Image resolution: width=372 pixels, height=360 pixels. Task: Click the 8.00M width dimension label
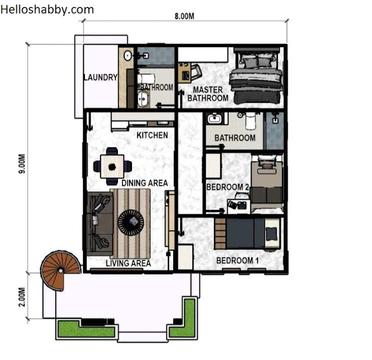(x=184, y=16)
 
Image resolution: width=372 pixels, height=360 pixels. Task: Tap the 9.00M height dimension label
(x=22, y=164)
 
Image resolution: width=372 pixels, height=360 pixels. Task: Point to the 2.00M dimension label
(x=22, y=297)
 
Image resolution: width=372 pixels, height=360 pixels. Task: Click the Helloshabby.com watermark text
(x=47, y=10)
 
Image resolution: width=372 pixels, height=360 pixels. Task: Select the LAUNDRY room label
(x=101, y=77)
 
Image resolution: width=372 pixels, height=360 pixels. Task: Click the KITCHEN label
(x=152, y=135)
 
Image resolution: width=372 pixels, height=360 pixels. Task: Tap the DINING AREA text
(x=145, y=183)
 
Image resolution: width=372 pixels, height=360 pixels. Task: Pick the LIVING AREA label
(x=128, y=263)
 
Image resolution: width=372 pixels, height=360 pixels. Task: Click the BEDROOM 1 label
(x=238, y=261)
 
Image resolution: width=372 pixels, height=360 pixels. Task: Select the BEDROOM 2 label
(x=227, y=187)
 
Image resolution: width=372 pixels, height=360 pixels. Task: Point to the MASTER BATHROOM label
(x=208, y=94)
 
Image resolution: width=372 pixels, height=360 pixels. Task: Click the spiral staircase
(x=60, y=269)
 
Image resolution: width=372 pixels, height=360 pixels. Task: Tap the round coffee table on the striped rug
(x=131, y=222)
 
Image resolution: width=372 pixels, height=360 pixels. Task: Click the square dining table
(x=112, y=167)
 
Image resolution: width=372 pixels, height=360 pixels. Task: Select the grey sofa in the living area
(x=99, y=224)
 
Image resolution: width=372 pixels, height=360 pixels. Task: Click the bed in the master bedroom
(x=256, y=76)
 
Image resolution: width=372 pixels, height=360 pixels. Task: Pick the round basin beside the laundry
(x=128, y=56)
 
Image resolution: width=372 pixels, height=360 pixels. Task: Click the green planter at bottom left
(x=87, y=329)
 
